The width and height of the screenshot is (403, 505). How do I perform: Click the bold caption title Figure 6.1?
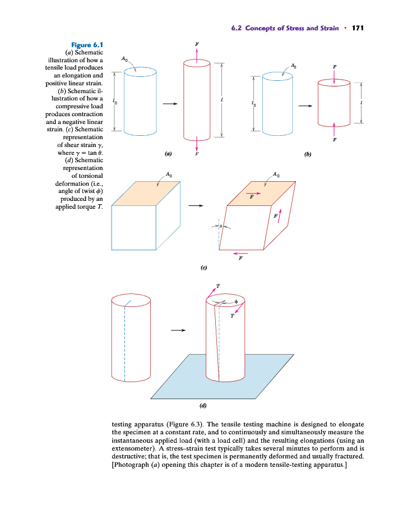click(87, 44)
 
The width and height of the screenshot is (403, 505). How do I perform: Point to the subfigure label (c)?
click(205, 268)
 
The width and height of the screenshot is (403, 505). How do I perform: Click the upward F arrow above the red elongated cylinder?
click(196, 52)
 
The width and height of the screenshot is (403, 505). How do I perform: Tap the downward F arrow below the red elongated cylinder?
click(196, 144)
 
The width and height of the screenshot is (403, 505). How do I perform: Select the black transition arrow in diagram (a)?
click(170, 104)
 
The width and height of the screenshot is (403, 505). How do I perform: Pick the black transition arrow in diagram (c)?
click(195, 205)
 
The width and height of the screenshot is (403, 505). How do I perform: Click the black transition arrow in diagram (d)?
click(178, 330)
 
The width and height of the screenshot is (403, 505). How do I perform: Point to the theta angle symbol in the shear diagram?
click(221, 227)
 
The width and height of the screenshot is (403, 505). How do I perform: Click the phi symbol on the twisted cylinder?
click(237, 302)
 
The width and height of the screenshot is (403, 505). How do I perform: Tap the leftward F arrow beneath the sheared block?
click(240, 253)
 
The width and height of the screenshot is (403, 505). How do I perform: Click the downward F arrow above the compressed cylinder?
click(334, 79)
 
